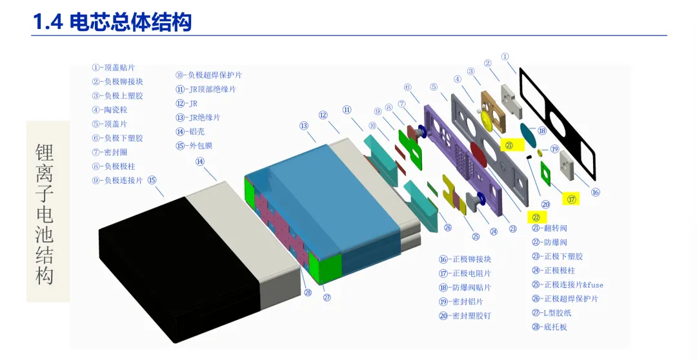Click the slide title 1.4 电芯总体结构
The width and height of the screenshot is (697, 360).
click(x=112, y=23)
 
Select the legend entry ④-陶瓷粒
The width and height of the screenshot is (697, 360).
click(x=109, y=110)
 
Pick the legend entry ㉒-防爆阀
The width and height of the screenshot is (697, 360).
click(x=549, y=242)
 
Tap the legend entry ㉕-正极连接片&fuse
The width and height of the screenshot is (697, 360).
click(x=567, y=285)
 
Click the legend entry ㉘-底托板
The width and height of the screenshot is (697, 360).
click(x=550, y=327)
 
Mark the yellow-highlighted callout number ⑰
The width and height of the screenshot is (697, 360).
click(x=571, y=199)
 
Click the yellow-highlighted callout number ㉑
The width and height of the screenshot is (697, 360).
click(x=509, y=146)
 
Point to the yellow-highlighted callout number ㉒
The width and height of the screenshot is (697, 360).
click(x=536, y=217)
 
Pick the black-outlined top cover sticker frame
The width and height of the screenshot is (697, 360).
click(x=557, y=123)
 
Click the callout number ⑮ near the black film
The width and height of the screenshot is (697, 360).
click(x=152, y=180)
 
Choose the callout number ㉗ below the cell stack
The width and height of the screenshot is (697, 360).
click(x=327, y=297)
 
